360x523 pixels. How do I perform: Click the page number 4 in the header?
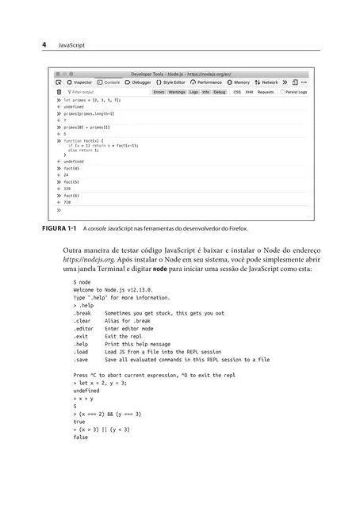tap(44, 45)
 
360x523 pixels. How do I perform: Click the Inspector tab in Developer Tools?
tap(81, 82)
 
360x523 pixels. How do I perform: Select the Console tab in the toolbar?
tap(109, 82)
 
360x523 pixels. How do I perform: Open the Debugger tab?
tap(139, 82)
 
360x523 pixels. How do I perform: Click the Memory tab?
tap(239, 82)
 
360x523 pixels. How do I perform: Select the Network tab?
tap(267, 82)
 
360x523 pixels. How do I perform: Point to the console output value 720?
tap(67, 202)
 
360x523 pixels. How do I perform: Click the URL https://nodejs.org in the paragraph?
tap(85, 259)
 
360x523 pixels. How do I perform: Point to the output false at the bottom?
tap(80, 437)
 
